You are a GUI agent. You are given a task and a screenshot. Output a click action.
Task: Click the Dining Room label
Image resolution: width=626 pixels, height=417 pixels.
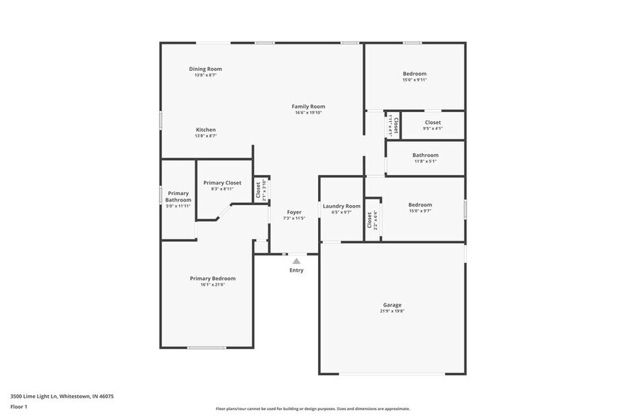pyautogui.click(x=205, y=69)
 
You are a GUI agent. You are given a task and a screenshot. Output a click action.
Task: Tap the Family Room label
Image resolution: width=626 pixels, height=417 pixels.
pyautogui.click(x=308, y=106)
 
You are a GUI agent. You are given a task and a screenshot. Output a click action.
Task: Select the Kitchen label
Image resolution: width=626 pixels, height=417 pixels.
pyautogui.click(x=206, y=130)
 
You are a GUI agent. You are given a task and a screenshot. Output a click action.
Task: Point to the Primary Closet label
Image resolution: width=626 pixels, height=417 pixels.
pyautogui.click(x=222, y=183)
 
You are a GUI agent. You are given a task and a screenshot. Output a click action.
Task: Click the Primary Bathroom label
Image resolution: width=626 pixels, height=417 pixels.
pyautogui.click(x=178, y=196)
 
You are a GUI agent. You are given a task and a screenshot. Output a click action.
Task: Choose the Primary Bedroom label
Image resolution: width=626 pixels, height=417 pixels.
pyautogui.click(x=212, y=279)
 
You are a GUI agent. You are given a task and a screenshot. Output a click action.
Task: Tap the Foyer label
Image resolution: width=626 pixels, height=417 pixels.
pyautogui.click(x=294, y=212)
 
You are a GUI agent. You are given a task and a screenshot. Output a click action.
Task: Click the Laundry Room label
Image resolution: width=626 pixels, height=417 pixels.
pyautogui.click(x=341, y=206)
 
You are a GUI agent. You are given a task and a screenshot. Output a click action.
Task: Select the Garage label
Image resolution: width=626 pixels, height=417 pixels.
pyautogui.click(x=392, y=305)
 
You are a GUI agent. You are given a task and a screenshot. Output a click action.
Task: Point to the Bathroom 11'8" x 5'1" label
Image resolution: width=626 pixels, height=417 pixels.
pyautogui.click(x=425, y=155)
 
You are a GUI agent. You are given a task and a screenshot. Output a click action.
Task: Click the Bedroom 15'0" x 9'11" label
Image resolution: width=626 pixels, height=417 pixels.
pyautogui.click(x=414, y=74)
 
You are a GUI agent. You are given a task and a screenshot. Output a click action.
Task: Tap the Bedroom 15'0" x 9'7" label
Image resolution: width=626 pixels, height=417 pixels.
pyautogui.click(x=419, y=205)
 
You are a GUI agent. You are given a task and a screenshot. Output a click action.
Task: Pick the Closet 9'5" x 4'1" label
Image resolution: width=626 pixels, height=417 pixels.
pyautogui.click(x=432, y=123)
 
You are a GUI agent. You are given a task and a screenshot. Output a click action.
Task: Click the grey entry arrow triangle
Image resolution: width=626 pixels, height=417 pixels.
pyautogui.click(x=297, y=261)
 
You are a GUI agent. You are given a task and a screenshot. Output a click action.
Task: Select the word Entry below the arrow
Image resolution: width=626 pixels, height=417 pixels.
pyautogui.click(x=297, y=270)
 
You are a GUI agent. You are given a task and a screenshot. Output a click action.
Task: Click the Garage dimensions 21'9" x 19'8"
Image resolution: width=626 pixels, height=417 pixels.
pyautogui.click(x=392, y=311)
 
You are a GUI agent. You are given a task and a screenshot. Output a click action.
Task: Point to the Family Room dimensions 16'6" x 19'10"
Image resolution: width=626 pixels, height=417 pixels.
pyautogui.click(x=308, y=113)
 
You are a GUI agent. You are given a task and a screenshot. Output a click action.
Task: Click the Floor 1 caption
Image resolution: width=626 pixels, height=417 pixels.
pyautogui.click(x=18, y=406)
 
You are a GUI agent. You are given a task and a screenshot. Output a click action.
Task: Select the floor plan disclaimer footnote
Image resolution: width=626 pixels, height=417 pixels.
pyautogui.click(x=313, y=408)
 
